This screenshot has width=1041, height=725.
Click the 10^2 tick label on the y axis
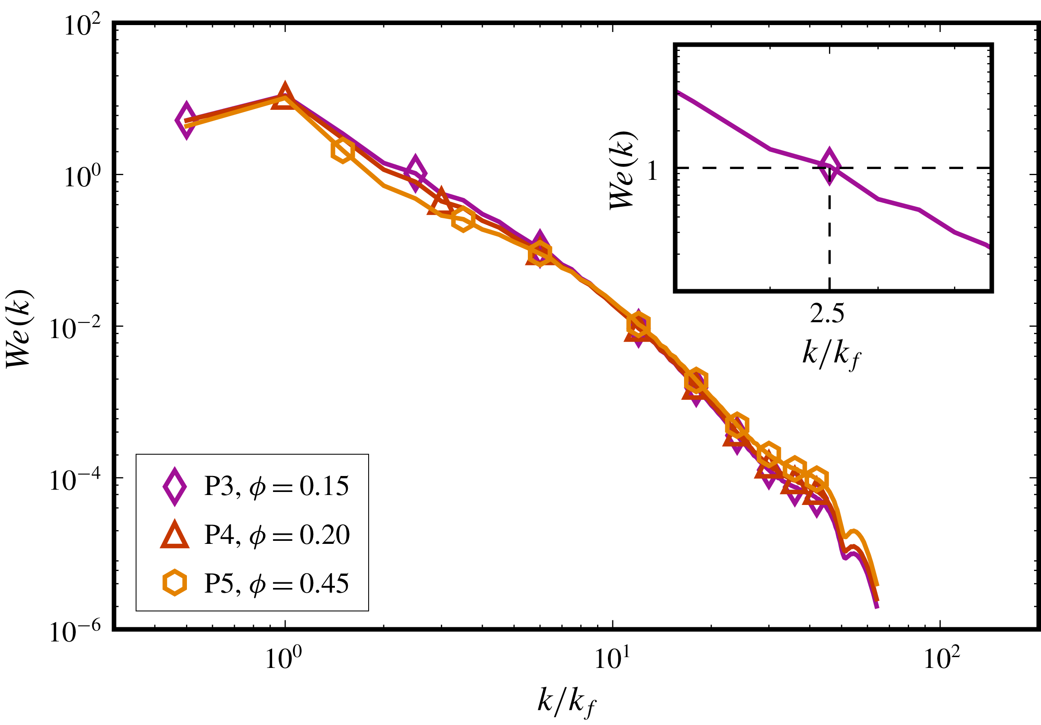pos(82,25)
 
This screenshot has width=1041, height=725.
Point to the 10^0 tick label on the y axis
pos(82,177)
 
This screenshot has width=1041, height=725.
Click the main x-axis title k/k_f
pos(566,703)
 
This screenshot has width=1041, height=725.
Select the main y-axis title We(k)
pos(19,329)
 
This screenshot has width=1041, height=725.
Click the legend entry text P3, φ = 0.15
pos(276,486)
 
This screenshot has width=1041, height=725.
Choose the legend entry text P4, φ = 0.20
pos(276,535)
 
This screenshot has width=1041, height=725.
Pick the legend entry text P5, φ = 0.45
pos(276,583)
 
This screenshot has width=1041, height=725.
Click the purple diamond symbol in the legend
pos(174,486)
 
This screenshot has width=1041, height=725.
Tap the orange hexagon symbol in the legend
pos(174,583)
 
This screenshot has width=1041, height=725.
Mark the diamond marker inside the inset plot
pos(829,166)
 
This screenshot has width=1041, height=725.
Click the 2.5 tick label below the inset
pos(827,313)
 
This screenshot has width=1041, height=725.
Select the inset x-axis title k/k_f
pos(830,355)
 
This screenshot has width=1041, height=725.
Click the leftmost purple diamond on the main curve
pos(186,121)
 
